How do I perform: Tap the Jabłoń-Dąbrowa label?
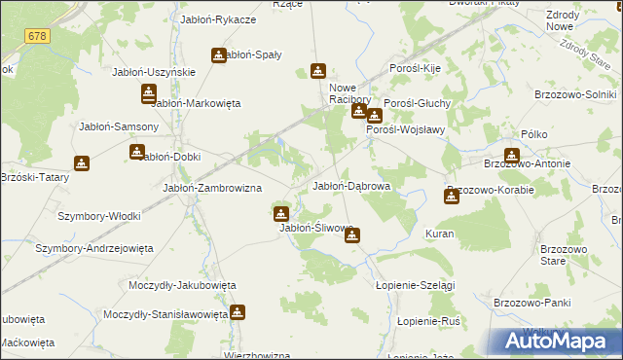pyautogui.click(x=350, y=186)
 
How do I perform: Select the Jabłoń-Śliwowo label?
pyautogui.click(x=315, y=228)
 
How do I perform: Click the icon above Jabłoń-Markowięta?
pyautogui.click(x=148, y=93)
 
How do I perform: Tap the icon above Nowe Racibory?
pyautogui.click(x=318, y=71)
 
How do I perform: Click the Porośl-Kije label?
pyautogui.click(x=416, y=70)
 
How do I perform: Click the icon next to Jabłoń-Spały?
pyautogui.click(x=219, y=55)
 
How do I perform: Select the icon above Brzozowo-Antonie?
pyautogui.click(x=512, y=154)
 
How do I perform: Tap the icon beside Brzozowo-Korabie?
pyautogui.click(x=452, y=197)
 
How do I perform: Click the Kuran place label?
pyautogui.click(x=440, y=234)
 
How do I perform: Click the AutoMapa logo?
pyautogui.click(x=556, y=342)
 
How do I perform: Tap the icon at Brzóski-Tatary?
pyautogui.click(x=80, y=165)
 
